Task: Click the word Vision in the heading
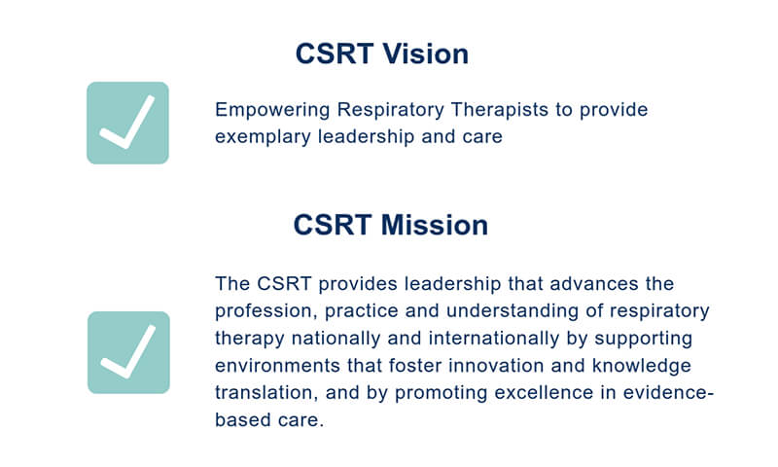click(x=426, y=54)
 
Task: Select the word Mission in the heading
click(x=435, y=225)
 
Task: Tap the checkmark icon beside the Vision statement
click(x=127, y=123)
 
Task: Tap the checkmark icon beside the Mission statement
click(x=128, y=352)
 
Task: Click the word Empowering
click(x=272, y=110)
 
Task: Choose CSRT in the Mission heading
click(x=333, y=225)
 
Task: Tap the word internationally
click(x=494, y=339)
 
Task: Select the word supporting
click(x=644, y=339)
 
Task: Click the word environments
click(x=277, y=366)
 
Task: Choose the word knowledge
click(x=642, y=366)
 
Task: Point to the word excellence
click(x=544, y=392)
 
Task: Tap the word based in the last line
click(x=242, y=420)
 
